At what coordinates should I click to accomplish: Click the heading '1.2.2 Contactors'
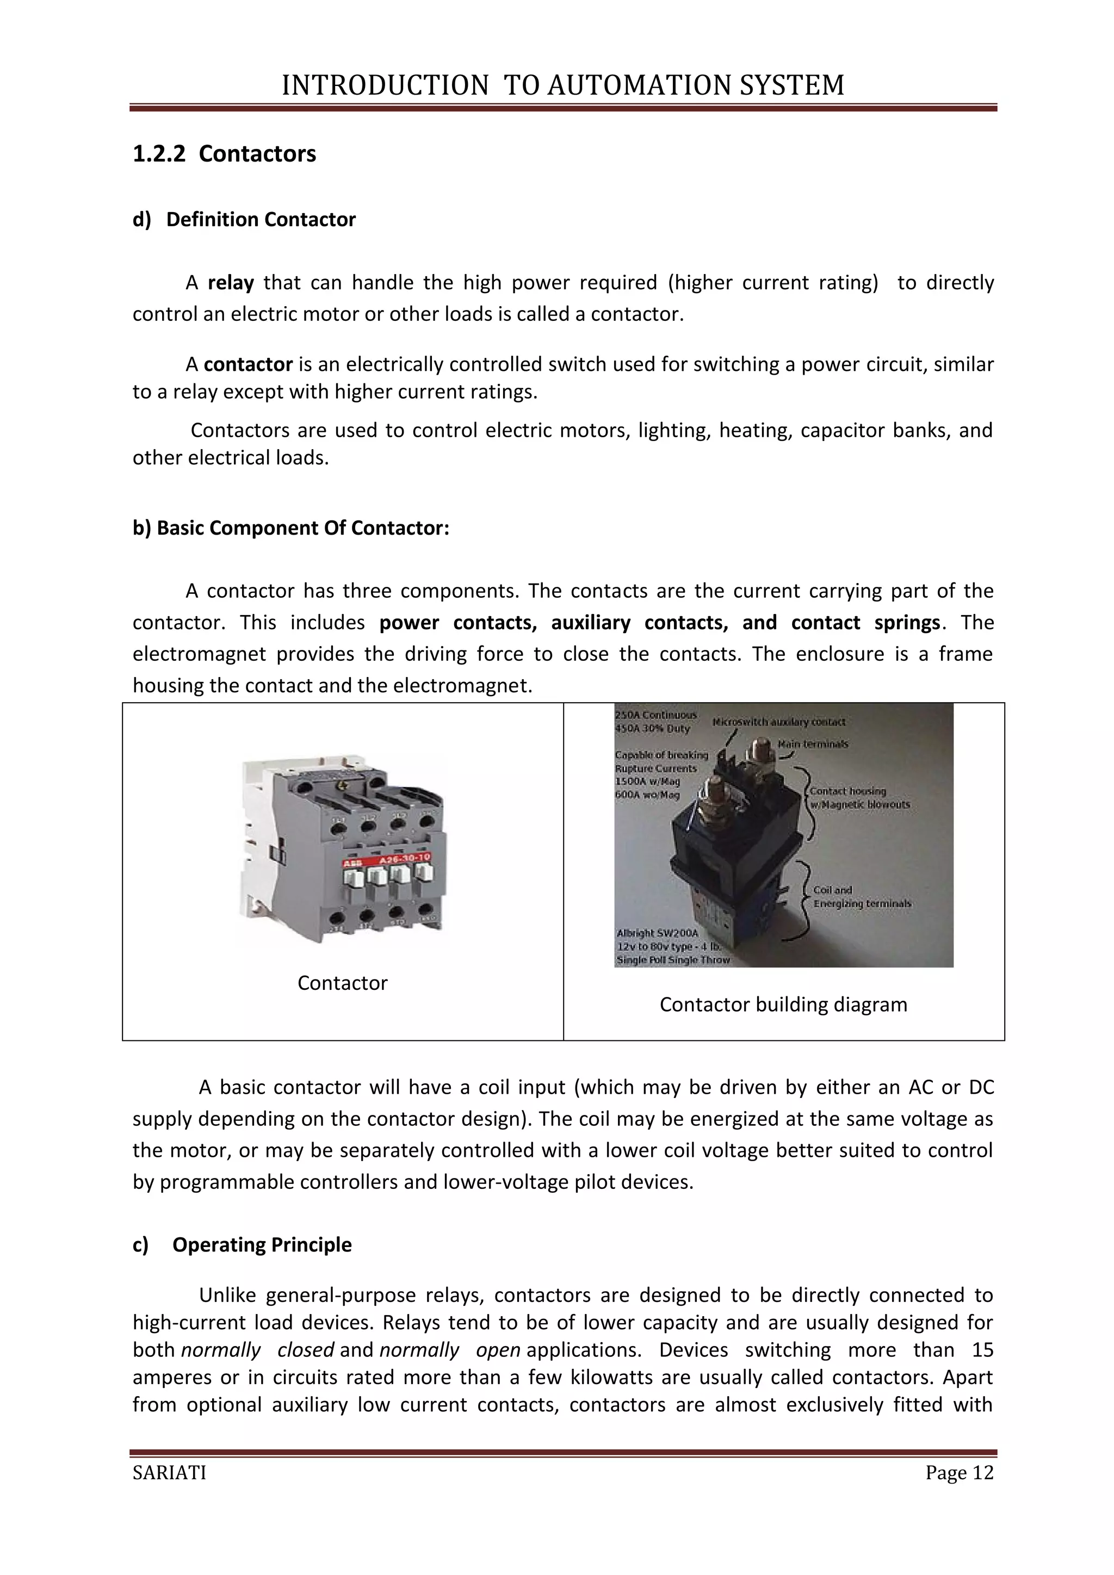click(224, 154)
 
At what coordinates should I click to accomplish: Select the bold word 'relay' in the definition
click(231, 283)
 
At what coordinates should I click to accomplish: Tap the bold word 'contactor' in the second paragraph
click(249, 364)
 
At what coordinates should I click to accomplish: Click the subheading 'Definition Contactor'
click(261, 220)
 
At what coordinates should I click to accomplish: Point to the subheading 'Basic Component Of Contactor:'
click(291, 528)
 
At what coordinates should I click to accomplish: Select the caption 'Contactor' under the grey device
click(342, 983)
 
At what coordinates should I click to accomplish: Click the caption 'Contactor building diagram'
click(783, 1004)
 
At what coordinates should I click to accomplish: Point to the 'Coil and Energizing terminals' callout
click(861, 897)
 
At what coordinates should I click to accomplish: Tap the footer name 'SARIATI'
click(169, 1473)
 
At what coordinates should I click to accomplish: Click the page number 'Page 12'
click(959, 1473)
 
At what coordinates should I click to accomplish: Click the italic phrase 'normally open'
click(449, 1350)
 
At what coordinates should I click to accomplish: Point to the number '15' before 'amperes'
click(982, 1350)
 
